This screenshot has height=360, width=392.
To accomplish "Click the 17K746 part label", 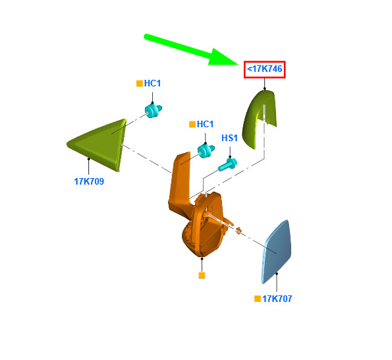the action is [264, 69].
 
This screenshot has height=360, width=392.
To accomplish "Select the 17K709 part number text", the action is [89, 181].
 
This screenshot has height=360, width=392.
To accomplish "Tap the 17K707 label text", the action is [277, 299].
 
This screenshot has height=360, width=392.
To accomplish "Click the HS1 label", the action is [229, 138].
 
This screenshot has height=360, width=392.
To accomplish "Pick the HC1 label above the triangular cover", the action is [152, 83].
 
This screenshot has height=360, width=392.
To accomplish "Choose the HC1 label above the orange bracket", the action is [206, 124].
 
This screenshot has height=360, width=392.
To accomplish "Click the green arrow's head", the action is [223, 57].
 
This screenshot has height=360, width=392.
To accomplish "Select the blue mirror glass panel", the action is [276, 251].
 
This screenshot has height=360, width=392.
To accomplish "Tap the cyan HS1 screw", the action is [227, 164].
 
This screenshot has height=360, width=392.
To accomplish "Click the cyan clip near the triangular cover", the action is [153, 111].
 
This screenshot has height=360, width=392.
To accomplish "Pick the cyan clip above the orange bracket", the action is [206, 150].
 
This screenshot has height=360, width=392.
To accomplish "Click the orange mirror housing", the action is [202, 225].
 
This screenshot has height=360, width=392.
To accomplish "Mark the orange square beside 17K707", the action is [258, 299].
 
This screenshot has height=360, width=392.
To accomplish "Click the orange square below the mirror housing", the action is [202, 276].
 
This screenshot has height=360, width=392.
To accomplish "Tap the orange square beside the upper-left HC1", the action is [140, 83].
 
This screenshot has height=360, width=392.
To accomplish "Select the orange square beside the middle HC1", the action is [192, 125].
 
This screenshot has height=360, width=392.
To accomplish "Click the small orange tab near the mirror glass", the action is [239, 229].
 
